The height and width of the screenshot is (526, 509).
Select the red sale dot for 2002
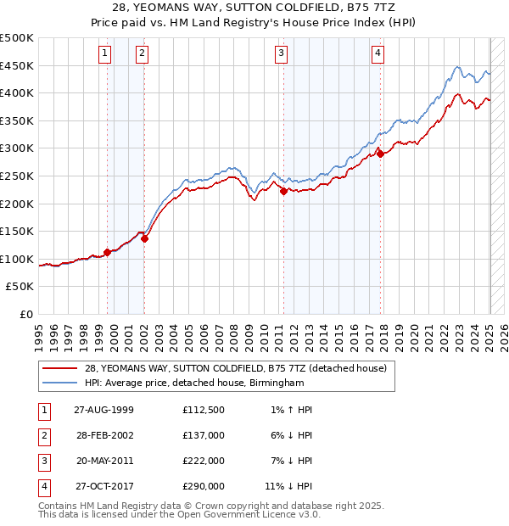point(145,238)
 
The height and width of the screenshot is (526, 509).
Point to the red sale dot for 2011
point(283,192)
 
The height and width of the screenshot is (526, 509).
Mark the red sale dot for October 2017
point(381,154)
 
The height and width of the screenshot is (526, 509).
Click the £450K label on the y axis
point(17,65)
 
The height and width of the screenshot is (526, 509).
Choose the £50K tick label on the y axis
point(20,287)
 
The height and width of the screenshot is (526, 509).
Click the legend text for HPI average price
point(194,383)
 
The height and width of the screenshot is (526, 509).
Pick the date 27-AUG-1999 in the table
point(103,410)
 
